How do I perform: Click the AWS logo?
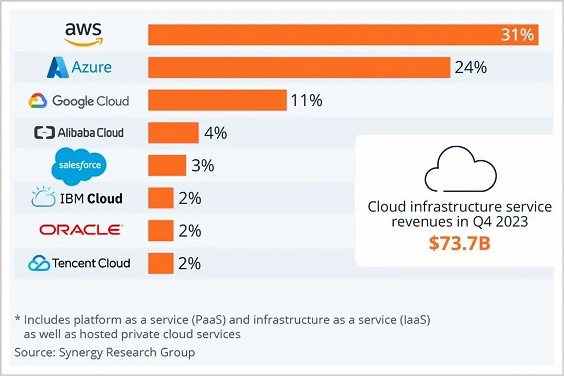pyautogui.click(x=84, y=34)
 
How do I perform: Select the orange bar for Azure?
pyautogui.click(x=299, y=67)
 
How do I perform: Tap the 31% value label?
pyautogui.click(x=517, y=35)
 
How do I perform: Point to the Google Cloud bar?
pyautogui.click(x=217, y=100)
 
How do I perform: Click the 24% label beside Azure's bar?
pyautogui.click(x=471, y=67)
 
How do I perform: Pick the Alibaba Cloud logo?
pyautogui.click(x=79, y=133)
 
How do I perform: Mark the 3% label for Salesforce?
pyautogui.click(x=203, y=166)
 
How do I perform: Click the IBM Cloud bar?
pyautogui.click(x=160, y=198)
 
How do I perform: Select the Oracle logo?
pyautogui.click(x=81, y=230)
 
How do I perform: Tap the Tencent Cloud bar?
pyautogui.click(x=160, y=263)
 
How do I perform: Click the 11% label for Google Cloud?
pyautogui.click(x=307, y=100)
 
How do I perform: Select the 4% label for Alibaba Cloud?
pyautogui.click(x=215, y=133)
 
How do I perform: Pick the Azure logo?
pyautogui.click(x=79, y=67)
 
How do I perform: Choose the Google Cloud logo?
pyautogui.click(x=79, y=100)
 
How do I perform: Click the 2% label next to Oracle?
pyautogui.click(x=190, y=230)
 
